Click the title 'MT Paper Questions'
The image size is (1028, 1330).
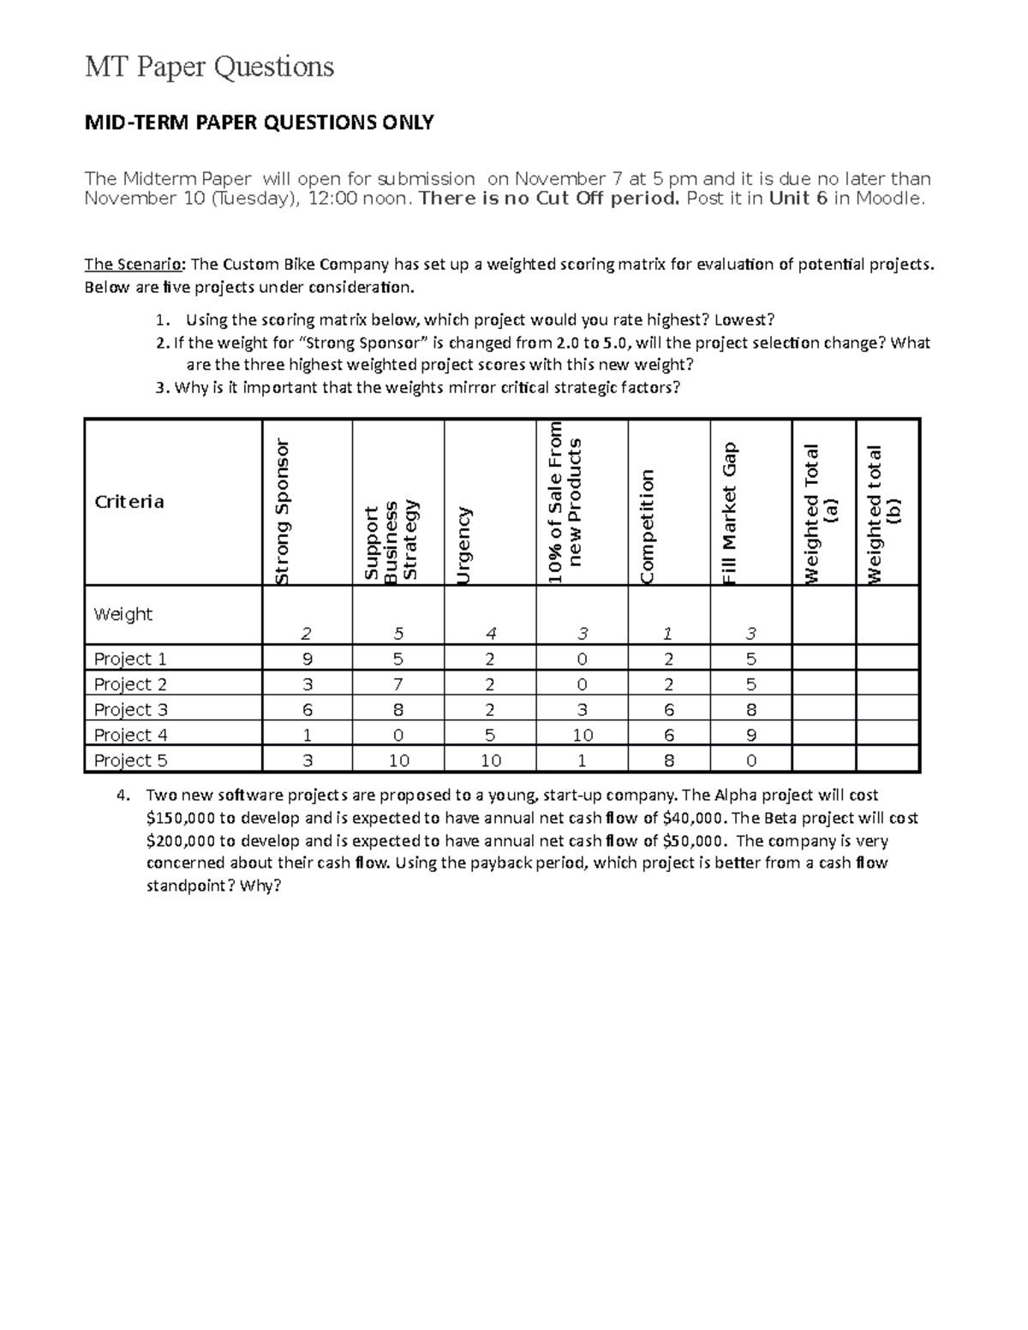(209, 66)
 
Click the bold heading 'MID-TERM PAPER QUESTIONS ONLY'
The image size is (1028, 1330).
(259, 122)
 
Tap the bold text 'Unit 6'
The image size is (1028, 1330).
(798, 199)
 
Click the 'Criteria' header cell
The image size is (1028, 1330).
(128, 502)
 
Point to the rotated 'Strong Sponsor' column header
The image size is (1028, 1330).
(282, 511)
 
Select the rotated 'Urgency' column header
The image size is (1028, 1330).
(463, 546)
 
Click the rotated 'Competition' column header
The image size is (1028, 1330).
(647, 526)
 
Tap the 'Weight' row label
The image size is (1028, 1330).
(123, 614)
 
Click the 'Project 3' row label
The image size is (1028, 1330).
(130, 709)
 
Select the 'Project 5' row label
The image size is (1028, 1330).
(130, 760)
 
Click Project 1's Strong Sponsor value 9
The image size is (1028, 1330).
(307, 659)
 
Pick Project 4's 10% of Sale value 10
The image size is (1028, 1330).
(582, 735)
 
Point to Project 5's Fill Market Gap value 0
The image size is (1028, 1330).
(750, 760)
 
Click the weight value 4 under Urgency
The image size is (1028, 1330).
(490, 634)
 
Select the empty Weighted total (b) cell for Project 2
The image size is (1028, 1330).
(888, 683)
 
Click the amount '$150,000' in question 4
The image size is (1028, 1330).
(181, 818)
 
